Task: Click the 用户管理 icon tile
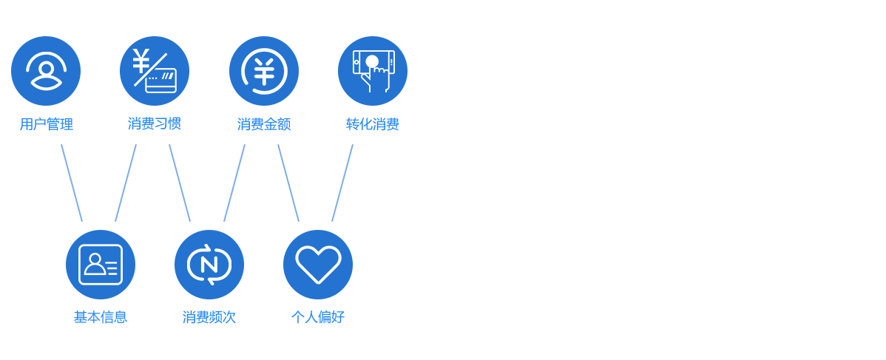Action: (46, 71)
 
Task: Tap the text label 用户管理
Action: (46, 124)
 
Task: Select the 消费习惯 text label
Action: (155, 123)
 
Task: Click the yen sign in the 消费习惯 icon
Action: (141, 61)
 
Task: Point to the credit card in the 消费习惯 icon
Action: (161, 81)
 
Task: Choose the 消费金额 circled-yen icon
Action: (264, 71)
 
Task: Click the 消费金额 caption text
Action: (264, 124)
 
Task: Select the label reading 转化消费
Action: (373, 124)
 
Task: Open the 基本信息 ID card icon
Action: (101, 265)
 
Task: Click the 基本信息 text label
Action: (101, 317)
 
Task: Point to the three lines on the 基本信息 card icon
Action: (112, 268)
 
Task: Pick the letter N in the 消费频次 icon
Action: (209, 265)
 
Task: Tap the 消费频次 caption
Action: (209, 317)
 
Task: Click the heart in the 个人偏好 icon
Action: (318, 264)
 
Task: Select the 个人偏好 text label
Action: (318, 317)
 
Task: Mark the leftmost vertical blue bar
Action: (72, 183)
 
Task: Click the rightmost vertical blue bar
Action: (342, 183)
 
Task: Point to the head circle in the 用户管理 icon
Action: (46, 69)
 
